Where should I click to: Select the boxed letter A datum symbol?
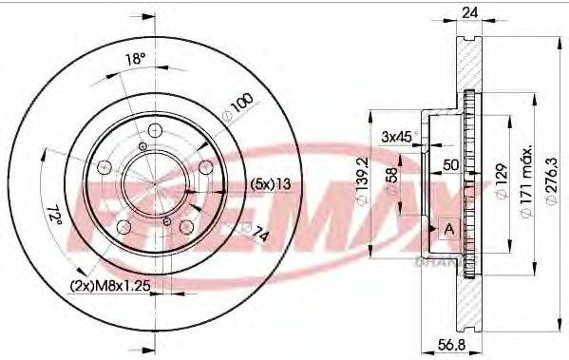point(448,229)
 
